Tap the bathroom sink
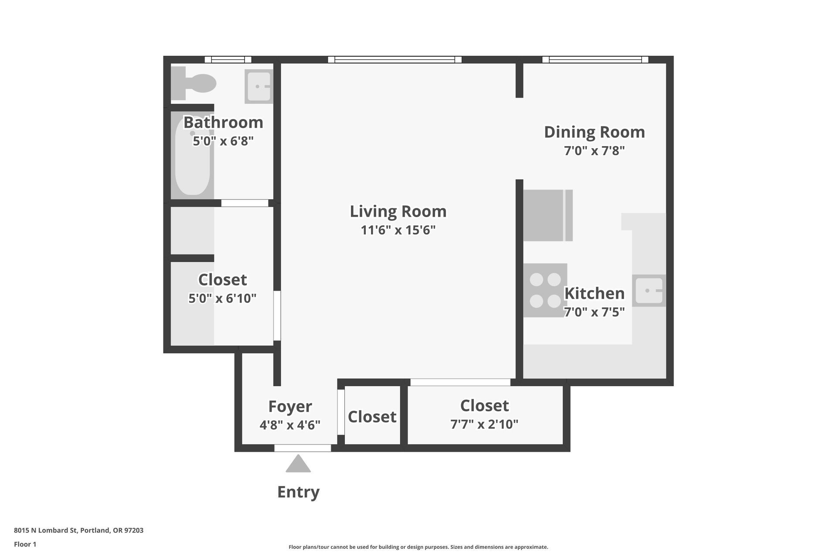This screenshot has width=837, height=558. click(x=259, y=86)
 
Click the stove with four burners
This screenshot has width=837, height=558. click(x=545, y=290)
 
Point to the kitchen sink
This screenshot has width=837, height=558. click(x=649, y=290)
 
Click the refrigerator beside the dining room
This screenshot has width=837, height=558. click(x=548, y=215)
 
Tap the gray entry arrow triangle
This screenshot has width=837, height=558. click(x=298, y=463)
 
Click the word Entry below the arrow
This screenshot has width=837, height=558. click(x=299, y=492)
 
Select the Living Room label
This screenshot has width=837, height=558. click(x=398, y=211)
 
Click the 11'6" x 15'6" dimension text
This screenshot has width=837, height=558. click(x=398, y=230)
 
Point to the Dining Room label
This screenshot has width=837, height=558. click(x=594, y=132)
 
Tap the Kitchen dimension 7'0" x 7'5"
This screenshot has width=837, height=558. click(x=594, y=312)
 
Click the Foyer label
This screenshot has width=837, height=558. click(x=290, y=406)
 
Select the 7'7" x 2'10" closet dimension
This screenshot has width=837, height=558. click(x=484, y=424)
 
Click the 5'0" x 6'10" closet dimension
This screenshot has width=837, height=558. click(x=222, y=298)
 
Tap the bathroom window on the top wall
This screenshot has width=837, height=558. click(x=228, y=60)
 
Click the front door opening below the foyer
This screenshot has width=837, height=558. click(x=303, y=448)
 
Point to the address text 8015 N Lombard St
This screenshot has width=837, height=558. click(x=46, y=531)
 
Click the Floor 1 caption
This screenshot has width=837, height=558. click(x=25, y=544)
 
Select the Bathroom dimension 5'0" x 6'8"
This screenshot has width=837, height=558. click(x=223, y=141)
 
